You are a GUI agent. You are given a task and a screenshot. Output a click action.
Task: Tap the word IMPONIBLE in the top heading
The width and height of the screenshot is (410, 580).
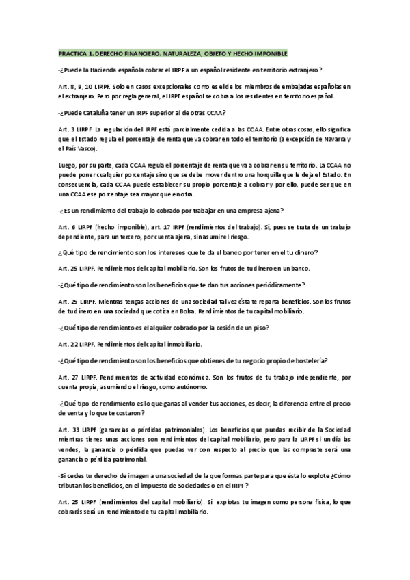pyautogui.click(x=268, y=53)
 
